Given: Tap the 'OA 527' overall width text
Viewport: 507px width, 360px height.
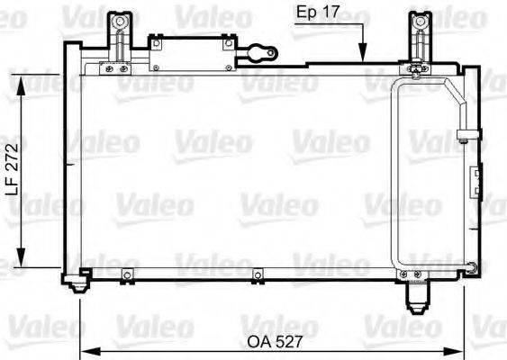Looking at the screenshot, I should pos(275,342).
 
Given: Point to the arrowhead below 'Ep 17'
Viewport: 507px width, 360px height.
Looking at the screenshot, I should pos(362,56).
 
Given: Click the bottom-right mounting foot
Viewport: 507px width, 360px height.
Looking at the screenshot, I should pos(416,292).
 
